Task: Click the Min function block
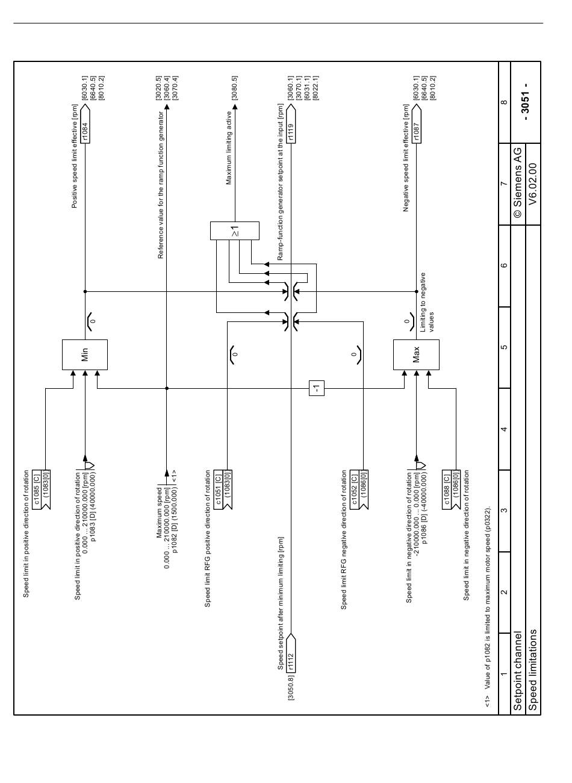85,354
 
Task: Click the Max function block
416,354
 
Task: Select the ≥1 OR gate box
235,231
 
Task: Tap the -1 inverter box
317,388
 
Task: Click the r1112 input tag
291,654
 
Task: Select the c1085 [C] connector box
42,489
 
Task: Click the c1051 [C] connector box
223,489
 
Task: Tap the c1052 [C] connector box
359,489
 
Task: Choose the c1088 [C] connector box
451,489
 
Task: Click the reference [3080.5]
235,88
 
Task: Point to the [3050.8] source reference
291,687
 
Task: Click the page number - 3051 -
525,102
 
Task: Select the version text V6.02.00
532,184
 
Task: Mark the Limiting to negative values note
426,302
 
